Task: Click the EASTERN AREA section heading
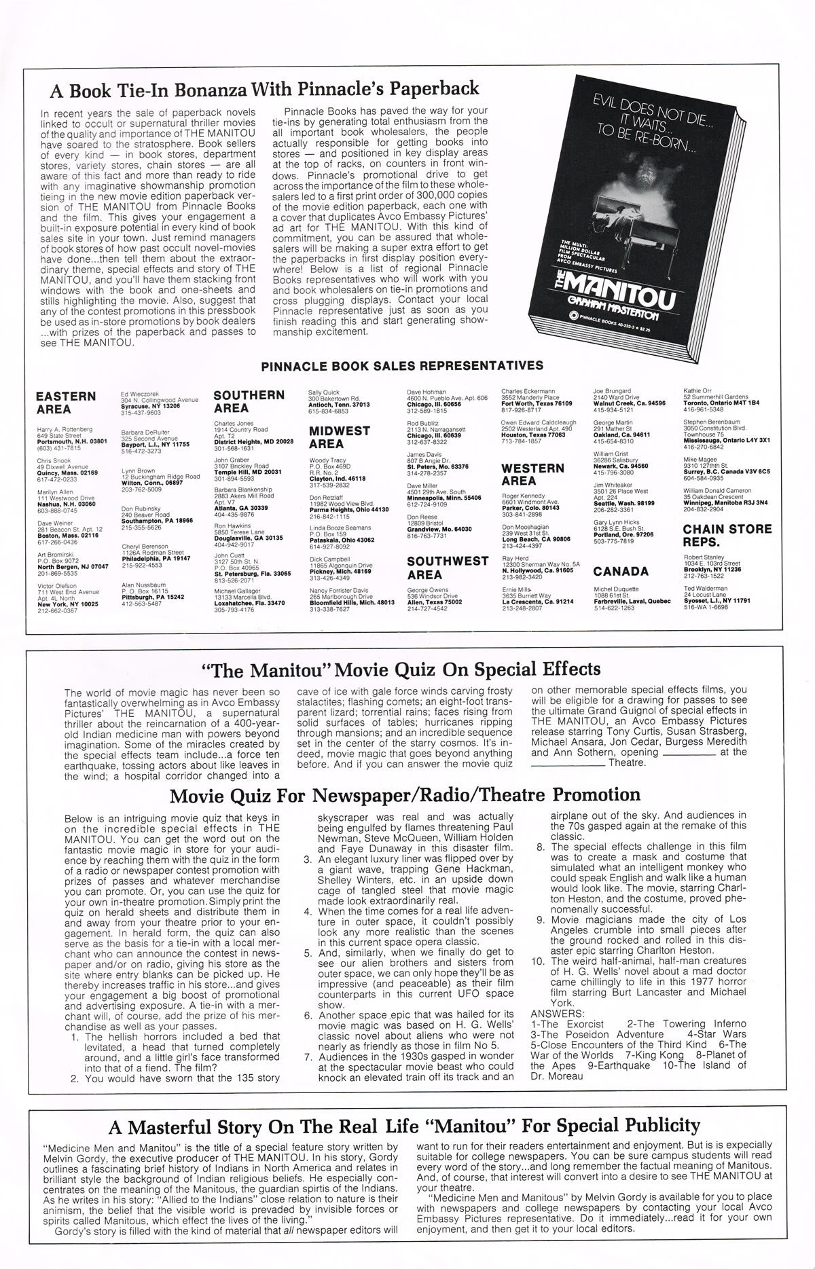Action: click(66, 403)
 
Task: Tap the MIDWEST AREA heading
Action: click(340, 437)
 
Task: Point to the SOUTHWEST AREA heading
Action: click(448, 568)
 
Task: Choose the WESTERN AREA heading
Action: click(532, 474)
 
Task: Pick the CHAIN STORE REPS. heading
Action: click(727, 535)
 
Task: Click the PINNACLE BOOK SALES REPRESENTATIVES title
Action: click(402, 365)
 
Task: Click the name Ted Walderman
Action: click(706, 588)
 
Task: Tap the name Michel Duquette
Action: click(616, 589)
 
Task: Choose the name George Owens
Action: click(427, 590)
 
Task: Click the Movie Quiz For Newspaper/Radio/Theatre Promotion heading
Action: click(405, 795)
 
